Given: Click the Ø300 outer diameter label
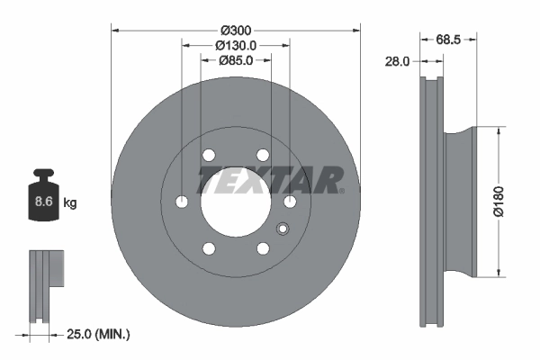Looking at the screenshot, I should click(x=235, y=30).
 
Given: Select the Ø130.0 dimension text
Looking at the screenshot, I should click(x=235, y=45).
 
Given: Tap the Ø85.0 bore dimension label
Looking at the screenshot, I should click(x=235, y=60).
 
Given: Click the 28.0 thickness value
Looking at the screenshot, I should click(x=397, y=62).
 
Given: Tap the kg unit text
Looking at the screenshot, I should click(x=70, y=203).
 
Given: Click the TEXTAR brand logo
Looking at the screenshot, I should click(x=271, y=179).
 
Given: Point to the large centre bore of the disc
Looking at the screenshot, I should click(x=236, y=202).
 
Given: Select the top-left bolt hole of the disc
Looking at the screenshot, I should click(x=209, y=155).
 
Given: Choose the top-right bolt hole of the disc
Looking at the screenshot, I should click(x=262, y=155).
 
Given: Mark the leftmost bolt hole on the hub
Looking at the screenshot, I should click(x=182, y=201).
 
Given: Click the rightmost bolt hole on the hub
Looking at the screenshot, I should click(x=290, y=202).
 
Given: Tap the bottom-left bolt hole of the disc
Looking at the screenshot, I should click(x=209, y=248).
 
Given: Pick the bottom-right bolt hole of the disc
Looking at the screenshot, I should click(x=263, y=248).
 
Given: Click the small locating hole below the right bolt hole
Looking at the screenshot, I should click(x=282, y=226).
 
